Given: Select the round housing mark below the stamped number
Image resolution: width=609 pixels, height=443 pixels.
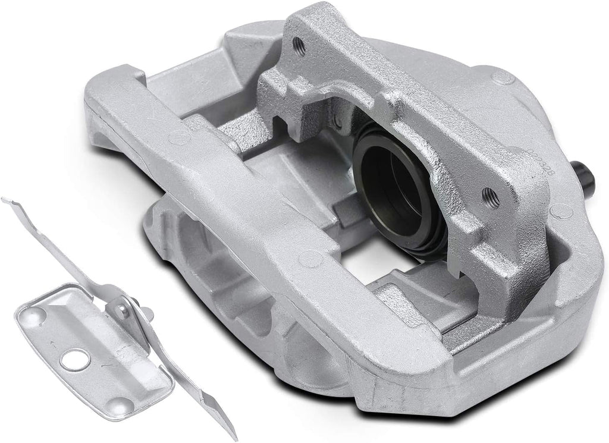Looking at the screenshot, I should (560, 209).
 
